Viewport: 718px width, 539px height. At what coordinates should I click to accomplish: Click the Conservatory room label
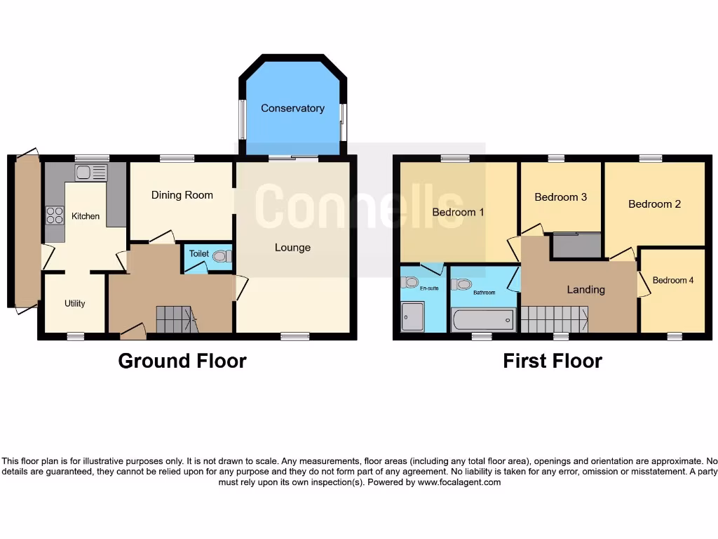(x=292, y=108)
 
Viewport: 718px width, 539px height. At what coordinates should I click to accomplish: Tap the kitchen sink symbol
(x=90, y=173)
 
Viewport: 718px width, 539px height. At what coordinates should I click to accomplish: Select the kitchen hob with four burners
(x=54, y=216)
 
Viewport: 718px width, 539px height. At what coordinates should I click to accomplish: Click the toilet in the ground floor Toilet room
(x=221, y=257)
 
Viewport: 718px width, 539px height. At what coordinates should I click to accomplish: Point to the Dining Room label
(x=182, y=195)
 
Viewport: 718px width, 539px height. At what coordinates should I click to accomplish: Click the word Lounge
(x=292, y=247)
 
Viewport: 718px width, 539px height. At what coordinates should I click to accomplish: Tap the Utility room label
(x=75, y=303)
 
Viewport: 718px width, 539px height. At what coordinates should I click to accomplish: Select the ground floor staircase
(x=174, y=319)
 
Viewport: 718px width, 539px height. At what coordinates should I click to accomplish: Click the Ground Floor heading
(x=182, y=361)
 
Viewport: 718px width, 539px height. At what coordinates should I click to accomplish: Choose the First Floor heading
(x=553, y=361)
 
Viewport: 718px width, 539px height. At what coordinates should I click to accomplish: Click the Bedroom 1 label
(x=458, y=212)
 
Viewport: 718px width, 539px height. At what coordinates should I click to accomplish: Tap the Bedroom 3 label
(x=560, y=197)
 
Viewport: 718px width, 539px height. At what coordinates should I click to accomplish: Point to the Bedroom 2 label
(x=654, y=204)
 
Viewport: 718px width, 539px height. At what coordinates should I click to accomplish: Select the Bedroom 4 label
(x=673, y=280)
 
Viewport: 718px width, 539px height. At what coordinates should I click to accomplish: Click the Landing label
(x=585, y=289)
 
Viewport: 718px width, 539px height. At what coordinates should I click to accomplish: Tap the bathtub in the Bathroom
(x=484, y=320)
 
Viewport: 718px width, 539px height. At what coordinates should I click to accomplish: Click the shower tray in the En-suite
(x=413, y=317)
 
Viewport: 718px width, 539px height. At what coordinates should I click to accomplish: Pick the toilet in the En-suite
(x=410, y=282)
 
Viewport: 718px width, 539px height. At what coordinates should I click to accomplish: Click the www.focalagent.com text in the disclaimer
(x=459, y=482)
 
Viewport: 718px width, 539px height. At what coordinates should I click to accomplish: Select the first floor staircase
(x=554, y=319)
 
